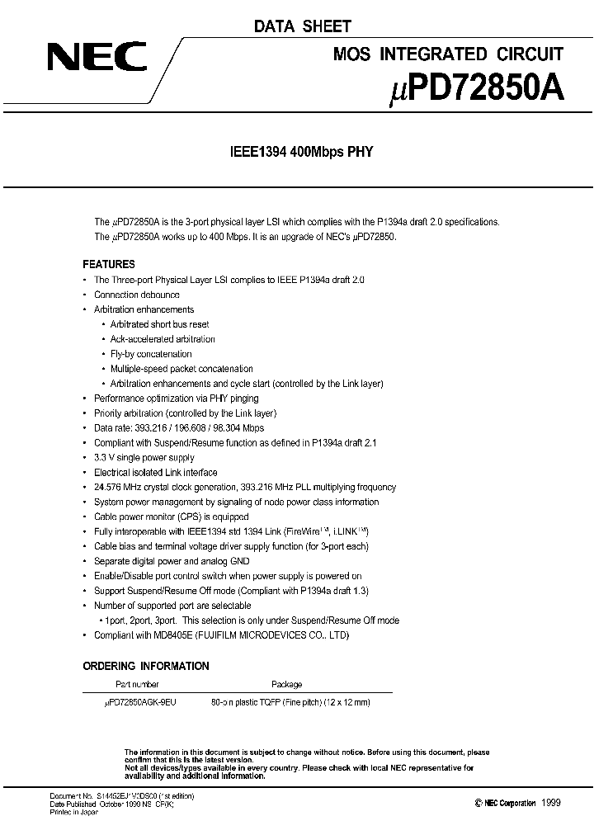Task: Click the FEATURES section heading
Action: (109, 265)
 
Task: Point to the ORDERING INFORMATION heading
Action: (146, 666)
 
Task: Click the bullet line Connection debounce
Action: (136, 295)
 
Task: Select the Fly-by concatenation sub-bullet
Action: (151, 354)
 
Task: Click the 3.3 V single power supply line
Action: (144, 458)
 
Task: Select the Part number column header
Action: (136, 684)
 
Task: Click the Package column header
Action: (286, 684)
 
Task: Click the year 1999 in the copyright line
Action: (550, 802)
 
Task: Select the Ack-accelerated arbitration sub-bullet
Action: (163, 339)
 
